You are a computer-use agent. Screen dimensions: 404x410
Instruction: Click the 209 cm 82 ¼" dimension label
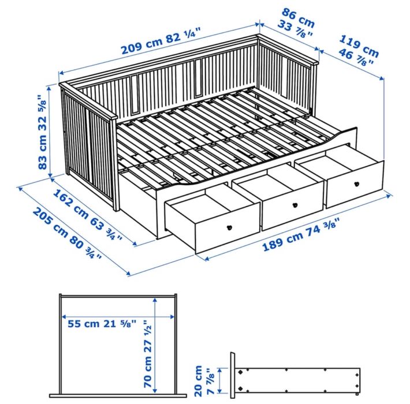point(159,43)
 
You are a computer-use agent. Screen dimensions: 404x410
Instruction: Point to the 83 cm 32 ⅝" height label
point(42,132)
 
